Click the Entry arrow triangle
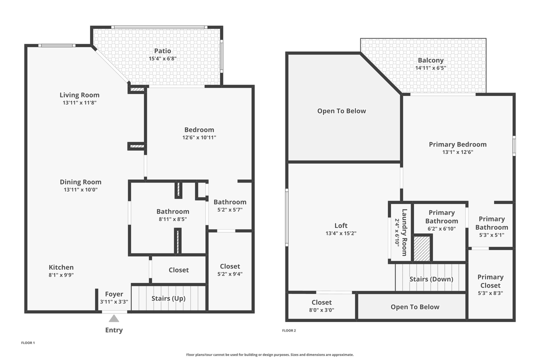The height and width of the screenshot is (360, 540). pyautogui.click(x=114, y=318)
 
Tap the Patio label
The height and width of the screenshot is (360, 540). pyautogui.click(x=162, y=51)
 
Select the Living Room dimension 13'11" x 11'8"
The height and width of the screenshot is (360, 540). pyautogui.click(x=79, y=103)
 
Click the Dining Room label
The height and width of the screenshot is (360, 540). pyautogui.click(x=80, y=182)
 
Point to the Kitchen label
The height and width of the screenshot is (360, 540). pyautogui.click(x=61, y=267)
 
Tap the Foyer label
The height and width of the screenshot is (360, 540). pyautogui.click(x=114, y=294)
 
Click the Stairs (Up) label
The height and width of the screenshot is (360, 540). pyautogui.click(x=168, y=298)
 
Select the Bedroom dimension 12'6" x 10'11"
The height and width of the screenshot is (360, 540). pyautogui.click(x=199, y=137)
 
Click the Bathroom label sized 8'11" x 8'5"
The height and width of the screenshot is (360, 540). pyautogui.click(x=172, y=211)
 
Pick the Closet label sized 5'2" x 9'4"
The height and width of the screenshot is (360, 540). pyautogui.click(x=230, y=266)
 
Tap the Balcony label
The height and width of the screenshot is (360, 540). pyautogui.click(x=430, y=60)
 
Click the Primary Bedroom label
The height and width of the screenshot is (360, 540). pyautogui.click(x=457, y=144)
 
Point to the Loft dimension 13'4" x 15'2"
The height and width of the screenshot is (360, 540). pyautogui.click(x=340, y=233)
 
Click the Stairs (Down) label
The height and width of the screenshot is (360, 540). pyautogui.click(x=431, y=279)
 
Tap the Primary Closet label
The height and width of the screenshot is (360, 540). pyautogui.click(x=490, y=281)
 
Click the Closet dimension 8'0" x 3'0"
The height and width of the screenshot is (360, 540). pyautogui.click(x=321, y=310)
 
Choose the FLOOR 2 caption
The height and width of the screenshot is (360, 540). pyautogui.click(x=289, y=330)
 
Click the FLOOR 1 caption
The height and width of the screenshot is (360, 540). pyautogui.click(x=28, y=343)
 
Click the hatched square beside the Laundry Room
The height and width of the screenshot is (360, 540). pyautogui.click(x=422, y=248)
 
